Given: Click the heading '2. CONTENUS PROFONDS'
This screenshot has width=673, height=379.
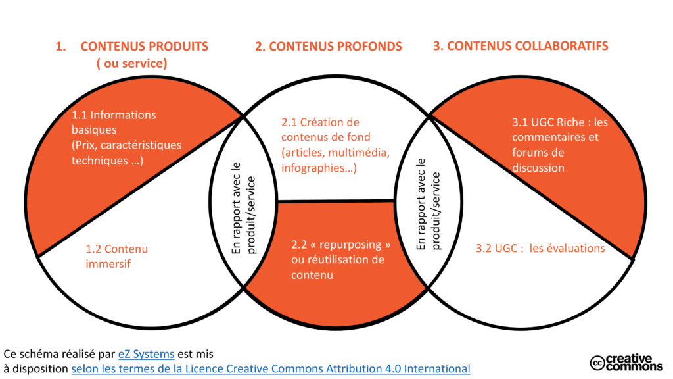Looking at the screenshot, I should point(328,46).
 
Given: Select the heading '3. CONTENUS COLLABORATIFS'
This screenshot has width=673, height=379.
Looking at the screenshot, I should point(520,46).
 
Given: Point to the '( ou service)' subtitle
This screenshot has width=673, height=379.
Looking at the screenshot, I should point(131,64).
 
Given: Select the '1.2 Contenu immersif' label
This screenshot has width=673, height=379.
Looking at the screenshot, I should point(117,256).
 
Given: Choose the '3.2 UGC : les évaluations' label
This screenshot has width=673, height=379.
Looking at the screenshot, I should point(540,248).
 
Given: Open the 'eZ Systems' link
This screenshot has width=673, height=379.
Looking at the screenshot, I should point(146,353).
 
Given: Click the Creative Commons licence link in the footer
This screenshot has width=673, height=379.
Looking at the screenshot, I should point(270,368).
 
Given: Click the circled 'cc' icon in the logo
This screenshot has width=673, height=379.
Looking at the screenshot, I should point(597,363).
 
